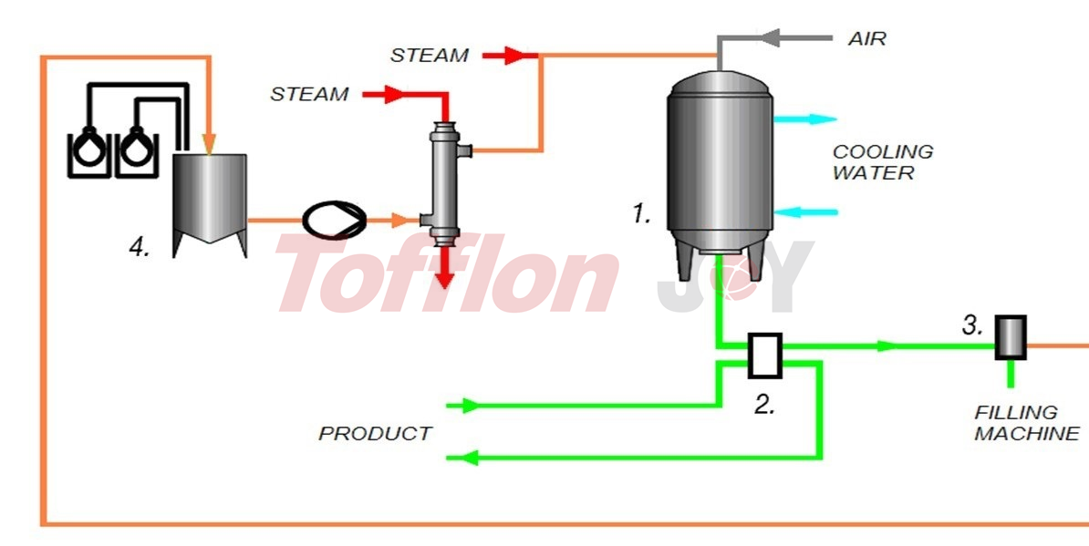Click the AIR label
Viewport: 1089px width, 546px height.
point(866,39)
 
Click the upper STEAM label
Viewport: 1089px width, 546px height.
point(430,56)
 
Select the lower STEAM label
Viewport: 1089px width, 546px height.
point(309,94)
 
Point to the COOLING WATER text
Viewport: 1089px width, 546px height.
point(882,161)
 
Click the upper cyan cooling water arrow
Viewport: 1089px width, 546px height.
point(807,118)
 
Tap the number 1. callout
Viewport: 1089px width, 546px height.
point(642,214)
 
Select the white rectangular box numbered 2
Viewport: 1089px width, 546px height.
point(764,355)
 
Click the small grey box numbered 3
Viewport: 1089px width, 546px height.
point(1010,337)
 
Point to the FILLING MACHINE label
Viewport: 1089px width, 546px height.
point(1026,423)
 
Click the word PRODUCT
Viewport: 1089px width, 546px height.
point(375,433)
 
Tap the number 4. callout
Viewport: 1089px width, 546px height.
point(139,247)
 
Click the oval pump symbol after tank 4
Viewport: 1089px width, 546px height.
point(333,220)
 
